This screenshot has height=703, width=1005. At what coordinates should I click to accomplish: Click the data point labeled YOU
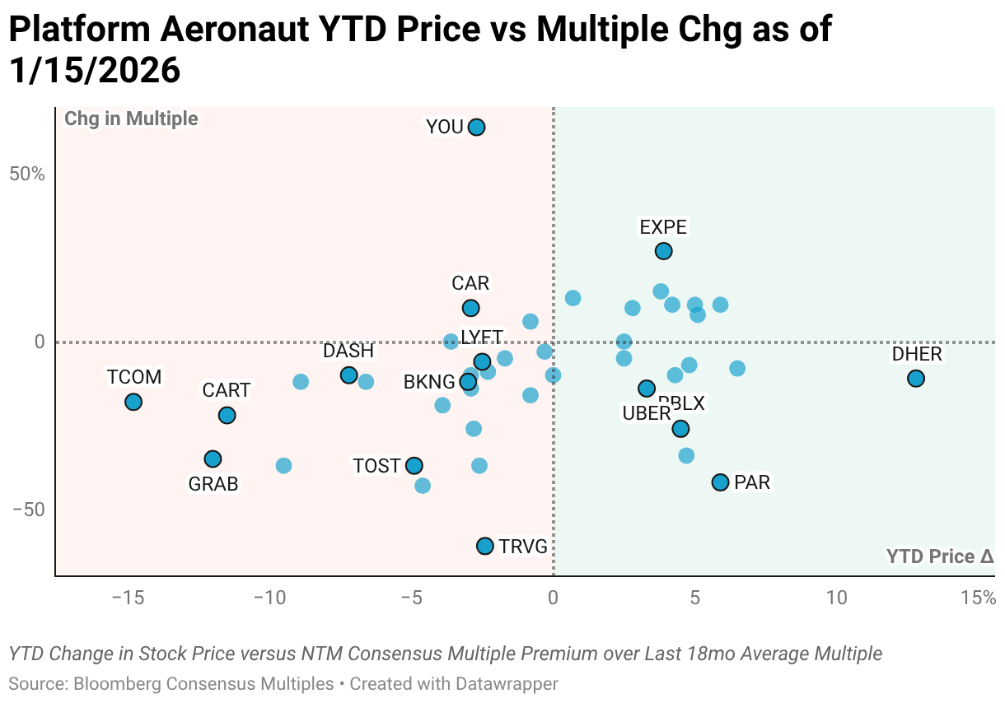476,128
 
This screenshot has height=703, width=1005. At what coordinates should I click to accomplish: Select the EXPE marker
663,251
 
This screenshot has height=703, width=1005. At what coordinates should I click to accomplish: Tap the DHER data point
915,379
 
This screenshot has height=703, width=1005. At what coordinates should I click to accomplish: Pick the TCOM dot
133,402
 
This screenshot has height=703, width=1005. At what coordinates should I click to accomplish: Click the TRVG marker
484,546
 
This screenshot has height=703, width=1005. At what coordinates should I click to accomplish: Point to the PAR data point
720,482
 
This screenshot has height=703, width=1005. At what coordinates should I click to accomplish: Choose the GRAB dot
213,459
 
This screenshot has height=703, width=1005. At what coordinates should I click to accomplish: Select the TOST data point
414,466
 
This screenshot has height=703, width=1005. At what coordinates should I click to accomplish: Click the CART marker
227,415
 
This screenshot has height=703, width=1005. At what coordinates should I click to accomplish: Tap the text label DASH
348,351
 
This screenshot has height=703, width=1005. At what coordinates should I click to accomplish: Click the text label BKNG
428,382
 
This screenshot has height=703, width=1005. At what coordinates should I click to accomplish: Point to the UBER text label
646,414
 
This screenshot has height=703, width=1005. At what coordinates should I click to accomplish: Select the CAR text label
470,284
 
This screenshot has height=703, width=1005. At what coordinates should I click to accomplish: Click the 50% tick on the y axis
28,175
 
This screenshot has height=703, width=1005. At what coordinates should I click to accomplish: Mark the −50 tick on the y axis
28,510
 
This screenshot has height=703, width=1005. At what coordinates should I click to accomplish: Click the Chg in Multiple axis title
131,119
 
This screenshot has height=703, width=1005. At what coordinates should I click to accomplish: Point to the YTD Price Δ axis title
940,557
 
